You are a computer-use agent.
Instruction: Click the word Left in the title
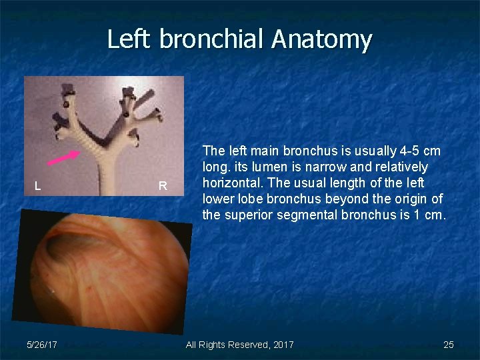pyautogui.click(x=130, y=39)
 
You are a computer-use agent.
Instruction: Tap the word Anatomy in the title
pyautogui.click(x=321, y=39)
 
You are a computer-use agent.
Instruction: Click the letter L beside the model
pyautogui.click(x=38, y=187)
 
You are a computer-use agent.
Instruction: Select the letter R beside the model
pyautogui.click(x=163, y=187)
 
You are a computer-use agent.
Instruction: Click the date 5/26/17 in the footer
pyautogui.click(x=41, y=345)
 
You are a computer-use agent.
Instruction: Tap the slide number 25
pyautogui.click(x=449, y=345)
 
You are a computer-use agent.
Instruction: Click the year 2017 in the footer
pyautogui.click(x=283, y=345)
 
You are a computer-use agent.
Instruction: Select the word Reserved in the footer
pyautogui.click(x=249, y=345)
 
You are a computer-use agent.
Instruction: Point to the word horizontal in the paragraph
pyautogui.click(x=231, y=183)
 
